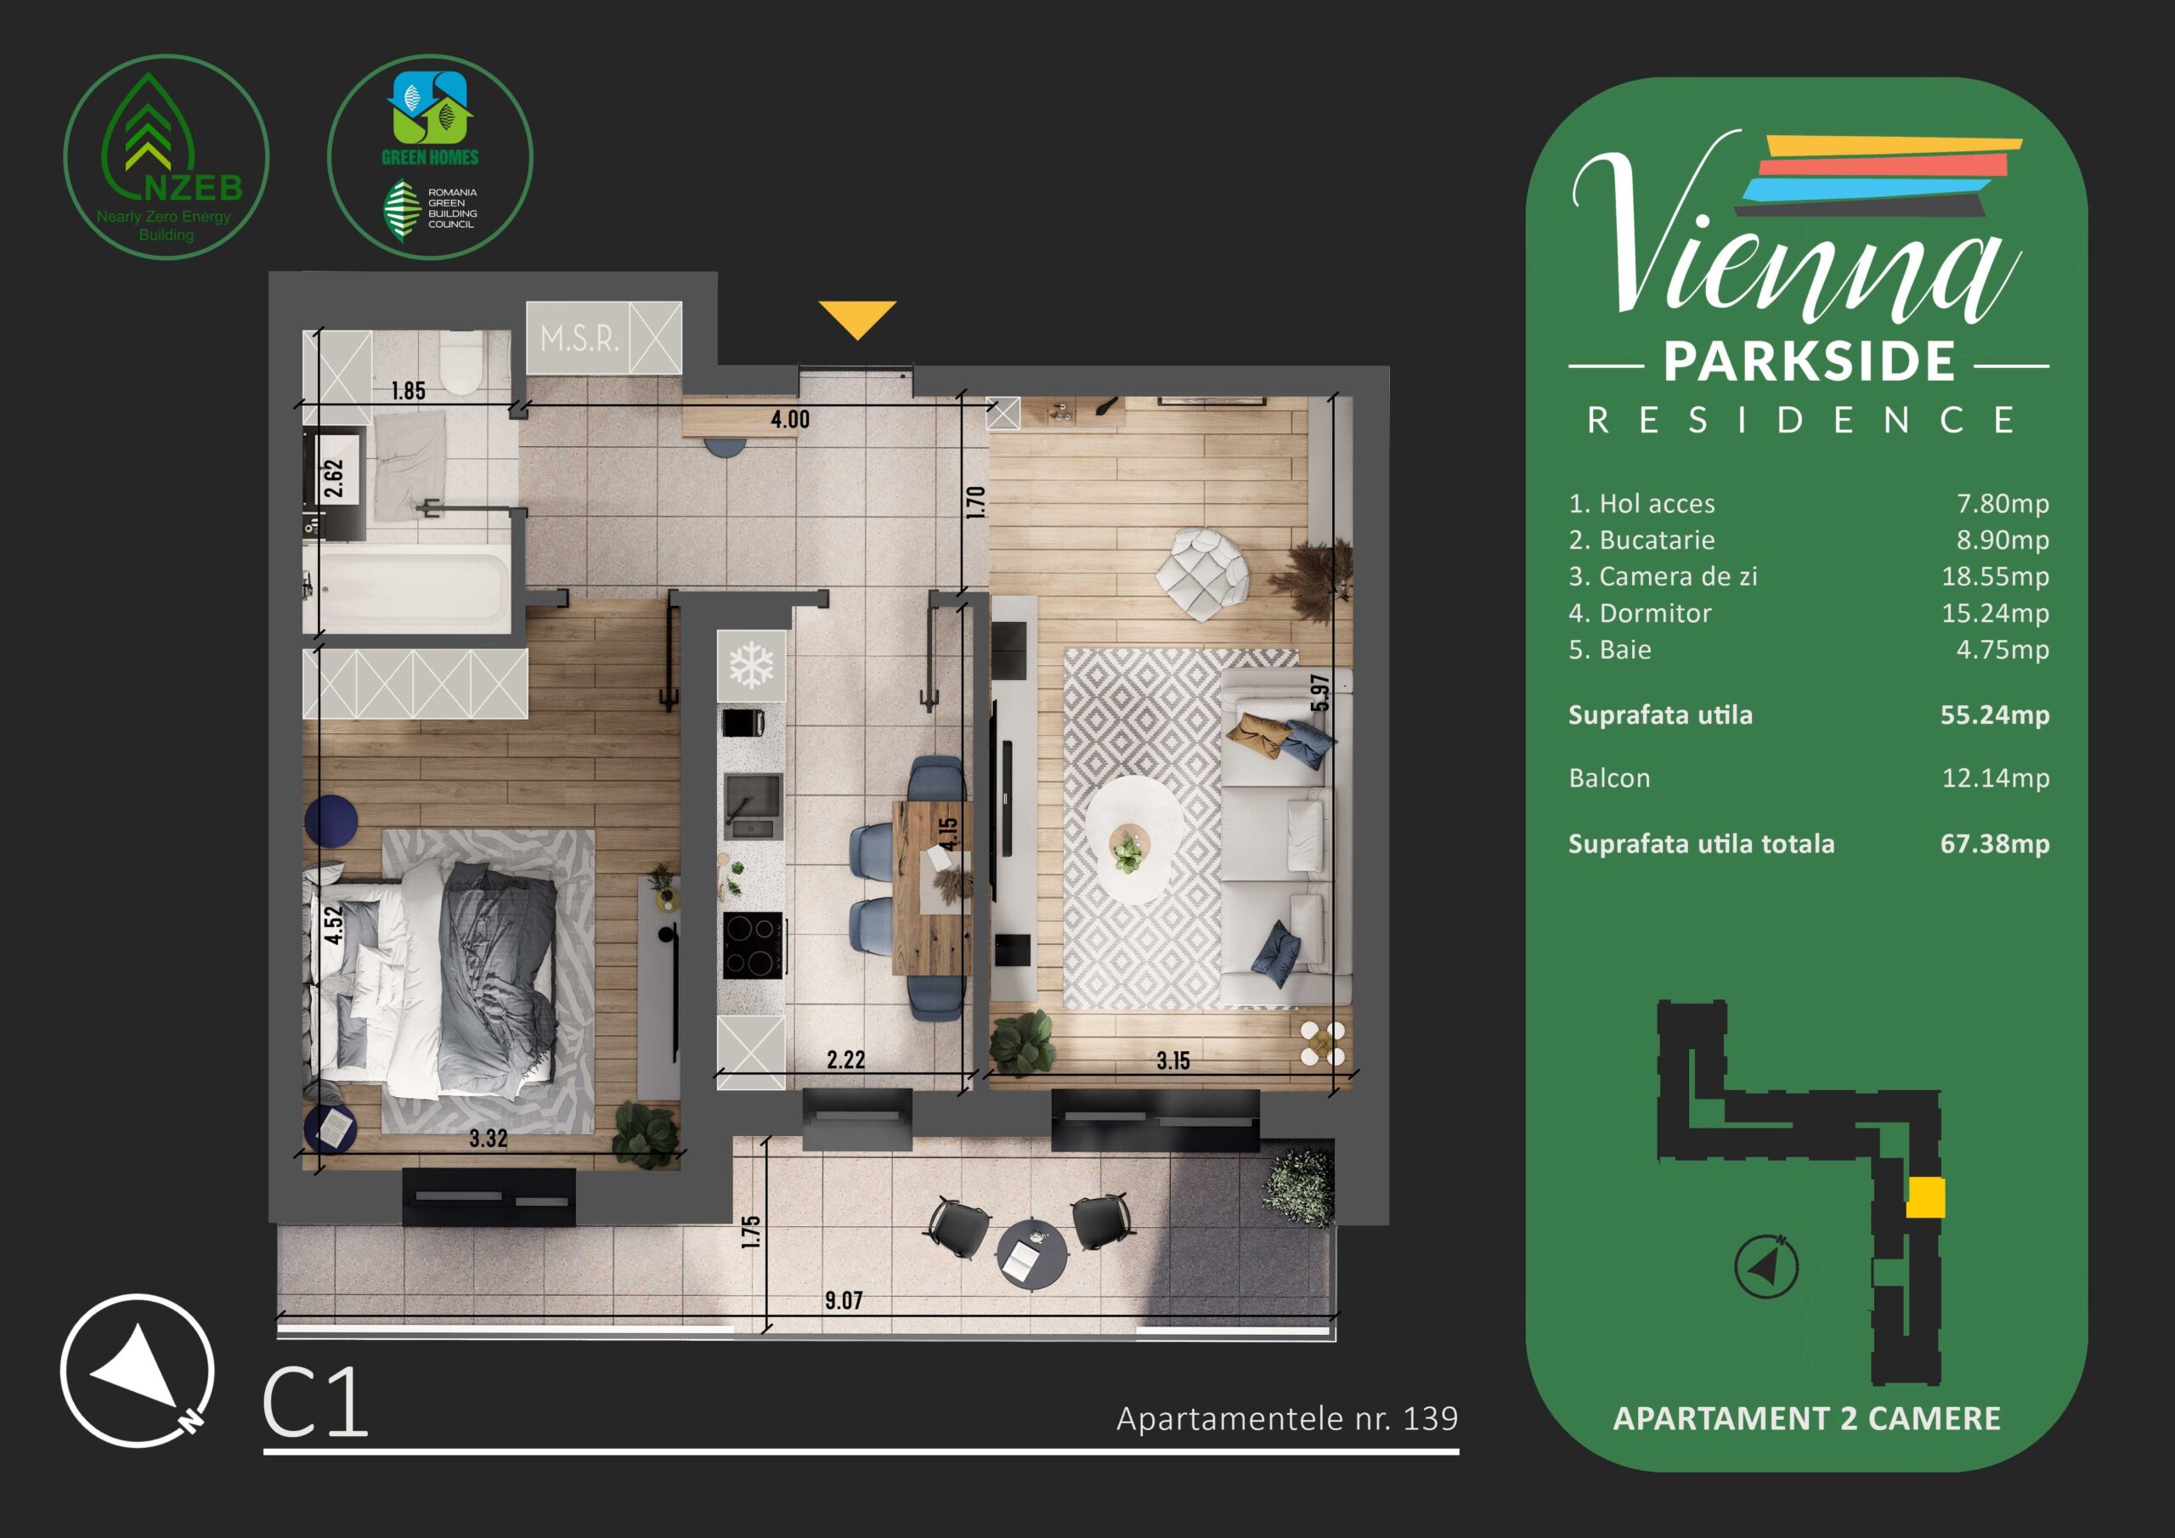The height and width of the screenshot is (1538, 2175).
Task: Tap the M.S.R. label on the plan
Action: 579,338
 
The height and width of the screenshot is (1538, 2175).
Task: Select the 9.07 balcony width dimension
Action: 843,1300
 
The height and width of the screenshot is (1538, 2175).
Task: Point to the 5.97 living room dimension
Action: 1320,693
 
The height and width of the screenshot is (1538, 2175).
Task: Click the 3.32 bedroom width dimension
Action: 489,1138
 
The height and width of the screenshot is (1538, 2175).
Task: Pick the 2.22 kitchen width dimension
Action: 846,1060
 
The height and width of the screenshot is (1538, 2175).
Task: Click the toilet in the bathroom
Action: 462,363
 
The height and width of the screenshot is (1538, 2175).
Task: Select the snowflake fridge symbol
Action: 752,665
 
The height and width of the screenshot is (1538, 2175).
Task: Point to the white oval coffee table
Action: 1134,840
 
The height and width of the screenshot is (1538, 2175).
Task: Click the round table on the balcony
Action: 1031,1253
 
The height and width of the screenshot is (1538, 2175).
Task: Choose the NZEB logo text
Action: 195,188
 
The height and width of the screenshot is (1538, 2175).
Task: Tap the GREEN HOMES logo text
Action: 430,157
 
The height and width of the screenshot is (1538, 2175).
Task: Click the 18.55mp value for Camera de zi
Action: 1995,576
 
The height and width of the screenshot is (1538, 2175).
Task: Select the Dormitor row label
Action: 1655,614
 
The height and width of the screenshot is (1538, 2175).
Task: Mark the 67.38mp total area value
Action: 1995,844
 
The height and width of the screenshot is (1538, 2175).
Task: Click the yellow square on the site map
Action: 1925,1198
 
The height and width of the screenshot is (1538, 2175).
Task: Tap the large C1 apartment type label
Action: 315,1403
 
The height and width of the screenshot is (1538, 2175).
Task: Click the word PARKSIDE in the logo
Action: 1810,361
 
